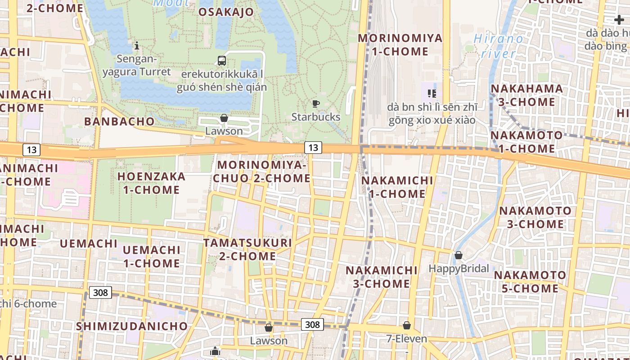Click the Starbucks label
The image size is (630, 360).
coord(316,117)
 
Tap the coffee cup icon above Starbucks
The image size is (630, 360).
coord(316,104)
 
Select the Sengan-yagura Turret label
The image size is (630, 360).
coord(137,65)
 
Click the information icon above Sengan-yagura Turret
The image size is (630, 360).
coord(137,45)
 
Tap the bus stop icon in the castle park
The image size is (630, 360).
coord(222,60)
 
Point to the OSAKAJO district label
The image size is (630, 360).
coord(226,12)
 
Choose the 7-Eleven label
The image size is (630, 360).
coord(407,338)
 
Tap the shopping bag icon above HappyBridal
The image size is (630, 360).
coord(459,256)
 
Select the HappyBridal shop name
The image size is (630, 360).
coord(459,269)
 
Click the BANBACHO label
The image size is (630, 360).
coord(119,121)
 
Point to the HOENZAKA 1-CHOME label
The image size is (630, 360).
coord(152,183)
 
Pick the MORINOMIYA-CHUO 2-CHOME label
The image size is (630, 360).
coord(261,172)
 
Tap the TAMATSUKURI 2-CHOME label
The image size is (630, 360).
coord(247,249)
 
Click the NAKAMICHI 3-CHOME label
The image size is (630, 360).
coord(382,277)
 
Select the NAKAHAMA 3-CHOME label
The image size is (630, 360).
coord(526,95)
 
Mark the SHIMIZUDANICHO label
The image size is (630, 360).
coord(132,326)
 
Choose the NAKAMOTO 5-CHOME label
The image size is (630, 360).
coord(530,281)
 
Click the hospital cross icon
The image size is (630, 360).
coord(619,20)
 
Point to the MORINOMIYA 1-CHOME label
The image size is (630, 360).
coord(400,45)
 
